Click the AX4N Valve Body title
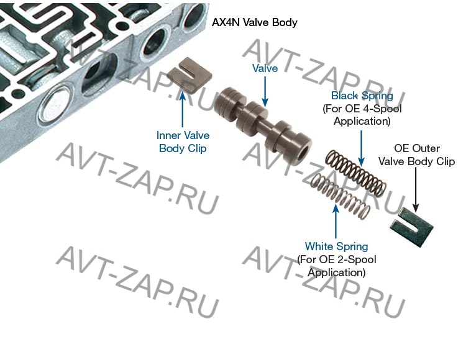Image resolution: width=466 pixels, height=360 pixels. click(255, 23)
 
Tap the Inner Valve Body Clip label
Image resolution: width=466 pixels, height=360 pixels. click(183, 142)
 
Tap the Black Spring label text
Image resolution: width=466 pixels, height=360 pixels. click(362, 96)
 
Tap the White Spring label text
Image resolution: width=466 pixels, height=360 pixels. click(336, 247)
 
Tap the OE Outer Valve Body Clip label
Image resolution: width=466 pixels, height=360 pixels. click(418, 155)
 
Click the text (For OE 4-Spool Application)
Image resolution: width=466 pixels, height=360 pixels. click(362, 115)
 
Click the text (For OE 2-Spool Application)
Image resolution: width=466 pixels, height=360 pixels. click(336, 266)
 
